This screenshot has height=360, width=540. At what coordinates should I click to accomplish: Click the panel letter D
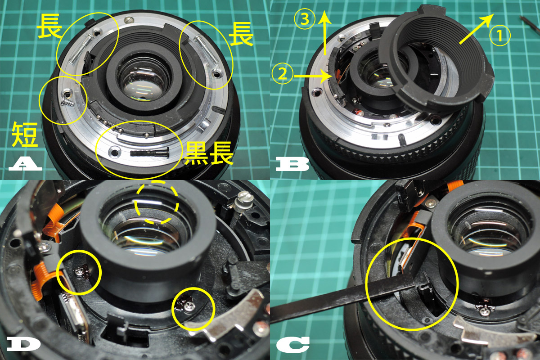pos(25,345)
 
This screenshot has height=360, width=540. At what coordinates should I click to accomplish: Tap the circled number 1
pos(500,36)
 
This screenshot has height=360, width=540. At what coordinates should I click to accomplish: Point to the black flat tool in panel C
pos(342,300)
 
